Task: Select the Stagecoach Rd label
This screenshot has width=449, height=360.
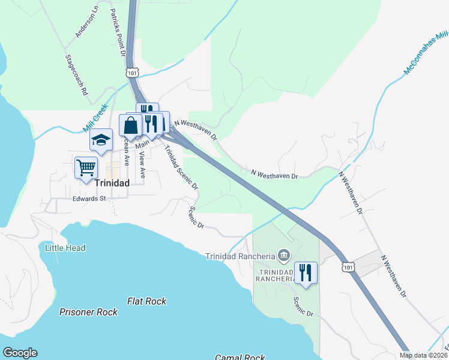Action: coord(76,76)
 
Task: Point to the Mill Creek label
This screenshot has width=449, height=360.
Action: coord(95,118)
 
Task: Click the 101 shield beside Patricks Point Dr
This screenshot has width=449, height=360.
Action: coord(133,72)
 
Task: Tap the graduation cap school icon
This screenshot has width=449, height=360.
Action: coord(101,140)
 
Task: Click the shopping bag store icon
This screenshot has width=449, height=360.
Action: coord(130,125)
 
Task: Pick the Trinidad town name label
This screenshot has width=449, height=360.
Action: coord(112,183)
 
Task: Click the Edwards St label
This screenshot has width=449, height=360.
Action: coord(89,198)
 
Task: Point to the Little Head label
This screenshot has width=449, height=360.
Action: coord(65,248)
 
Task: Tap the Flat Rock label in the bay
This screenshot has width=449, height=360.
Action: coord(146,301)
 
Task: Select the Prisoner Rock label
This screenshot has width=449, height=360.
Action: coord(88,312)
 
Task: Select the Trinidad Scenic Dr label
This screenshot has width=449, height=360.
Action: coord(181,168)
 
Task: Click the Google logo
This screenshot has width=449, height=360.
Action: coord(20,353)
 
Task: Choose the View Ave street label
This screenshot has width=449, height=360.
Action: coord(142,164)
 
